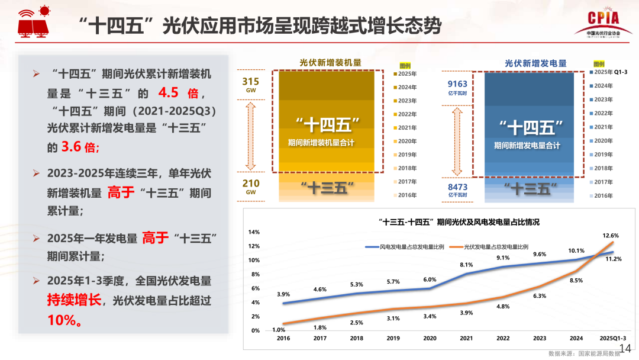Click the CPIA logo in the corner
(603, 24)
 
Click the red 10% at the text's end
(64, 320)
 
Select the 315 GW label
(251, 85)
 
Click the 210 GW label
(251, 187)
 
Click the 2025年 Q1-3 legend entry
(611, 72)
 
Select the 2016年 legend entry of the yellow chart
(407, 195)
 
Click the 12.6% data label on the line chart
(611, 236)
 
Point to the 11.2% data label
(614, 259)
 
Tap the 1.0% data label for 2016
(279, 330)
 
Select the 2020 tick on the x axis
(430, 338)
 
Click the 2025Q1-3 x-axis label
(613, 338)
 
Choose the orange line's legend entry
(491, 246)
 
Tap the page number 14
(625, 348)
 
